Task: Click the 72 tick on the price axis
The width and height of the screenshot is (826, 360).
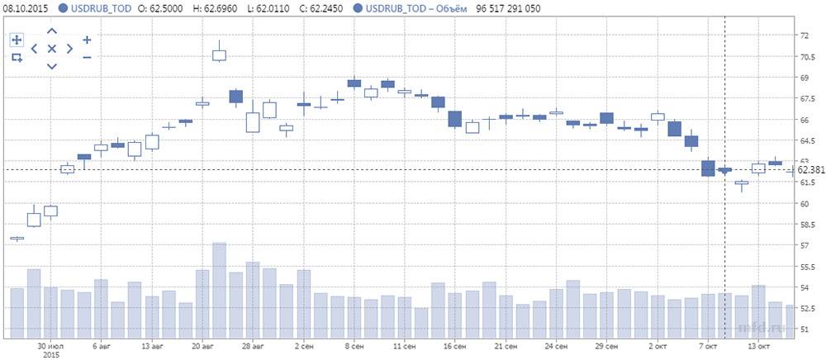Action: (805, 36)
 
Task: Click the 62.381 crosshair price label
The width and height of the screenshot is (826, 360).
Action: (809, 169)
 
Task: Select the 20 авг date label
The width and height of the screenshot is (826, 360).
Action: (202, 348)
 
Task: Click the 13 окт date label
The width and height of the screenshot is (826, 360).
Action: (759, 348)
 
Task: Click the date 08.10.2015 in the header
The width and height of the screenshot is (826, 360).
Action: (25, 7)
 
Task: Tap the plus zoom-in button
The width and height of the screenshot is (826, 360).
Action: (87, 40)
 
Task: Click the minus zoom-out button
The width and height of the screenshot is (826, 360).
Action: (87, 57)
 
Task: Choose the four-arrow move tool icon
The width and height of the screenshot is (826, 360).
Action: (17, 40)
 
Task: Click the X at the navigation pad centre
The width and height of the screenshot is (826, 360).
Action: (51, 49)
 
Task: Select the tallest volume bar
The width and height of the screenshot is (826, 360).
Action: (219, 290)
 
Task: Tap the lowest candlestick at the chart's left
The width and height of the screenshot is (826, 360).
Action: (17, 239)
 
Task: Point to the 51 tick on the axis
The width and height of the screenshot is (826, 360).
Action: (805, 329)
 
